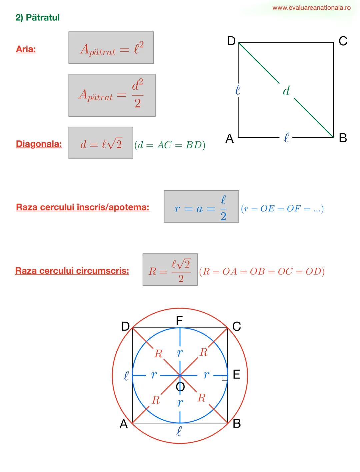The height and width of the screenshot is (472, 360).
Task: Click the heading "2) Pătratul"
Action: point(37,18)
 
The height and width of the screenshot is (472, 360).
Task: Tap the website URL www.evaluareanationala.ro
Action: point(311,8)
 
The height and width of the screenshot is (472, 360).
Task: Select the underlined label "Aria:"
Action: point(26,49)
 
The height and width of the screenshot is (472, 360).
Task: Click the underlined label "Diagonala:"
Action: point(39,144)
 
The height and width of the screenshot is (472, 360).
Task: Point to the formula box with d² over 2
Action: point(112,95)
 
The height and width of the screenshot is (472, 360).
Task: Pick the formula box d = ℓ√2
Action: point(101,143)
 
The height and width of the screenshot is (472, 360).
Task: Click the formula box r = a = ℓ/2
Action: point(201,207)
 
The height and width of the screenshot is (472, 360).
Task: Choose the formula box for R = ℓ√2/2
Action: point(170,270)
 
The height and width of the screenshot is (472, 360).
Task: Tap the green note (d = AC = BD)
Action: point(170,145)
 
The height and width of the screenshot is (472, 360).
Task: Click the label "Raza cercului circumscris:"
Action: point(72,271)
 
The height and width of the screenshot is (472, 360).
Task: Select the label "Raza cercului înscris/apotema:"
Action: point(83,207)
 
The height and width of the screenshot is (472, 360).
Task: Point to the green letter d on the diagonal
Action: point(286,91)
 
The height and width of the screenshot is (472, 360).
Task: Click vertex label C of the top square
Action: point(343,41)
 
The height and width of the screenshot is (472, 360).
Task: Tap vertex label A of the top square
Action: point(229,138)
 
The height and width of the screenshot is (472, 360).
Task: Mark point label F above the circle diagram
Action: point(179,320)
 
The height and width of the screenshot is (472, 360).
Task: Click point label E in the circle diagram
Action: point(236,375)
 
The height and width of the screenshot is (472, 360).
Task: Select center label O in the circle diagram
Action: point(180,387)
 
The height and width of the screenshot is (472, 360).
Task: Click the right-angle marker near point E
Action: point(224,378)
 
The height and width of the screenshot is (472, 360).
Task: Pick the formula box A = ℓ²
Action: point(111,48)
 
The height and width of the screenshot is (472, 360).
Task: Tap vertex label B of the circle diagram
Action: point(237,423)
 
